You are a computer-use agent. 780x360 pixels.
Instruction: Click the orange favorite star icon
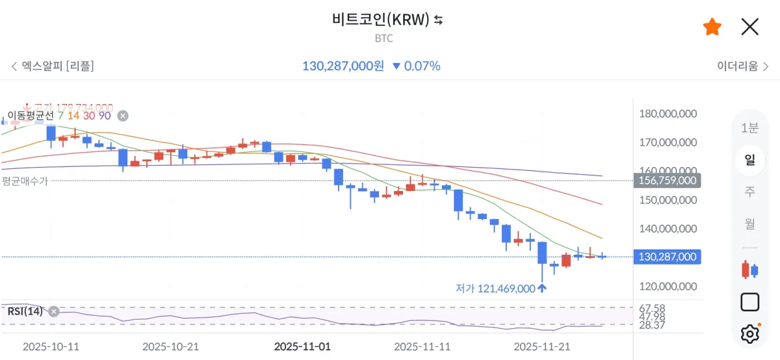pyautogui.click(x=712, y=27)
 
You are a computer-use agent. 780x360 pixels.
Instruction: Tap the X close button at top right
pyautogui.click(x=750, y=27)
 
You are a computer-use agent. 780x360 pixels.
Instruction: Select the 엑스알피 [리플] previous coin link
pyautogui.click(x=52, y=66)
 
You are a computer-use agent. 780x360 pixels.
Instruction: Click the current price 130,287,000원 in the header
pyautogui.click(x=343, y=66)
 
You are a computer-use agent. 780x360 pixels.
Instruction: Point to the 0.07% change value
pyautogui.click(x=422, y=66)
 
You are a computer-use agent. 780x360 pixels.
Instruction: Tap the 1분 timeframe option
pyautogui.click(x=749, y=128)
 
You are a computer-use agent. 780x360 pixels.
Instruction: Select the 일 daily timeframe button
pyautogui.click(x=749, y=159)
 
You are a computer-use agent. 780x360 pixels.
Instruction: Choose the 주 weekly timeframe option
pyautogui.click(x=749, y=191)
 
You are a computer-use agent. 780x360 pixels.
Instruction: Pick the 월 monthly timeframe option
pyautogui.click(x=749, y=224)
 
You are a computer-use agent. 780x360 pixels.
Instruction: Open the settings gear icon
pyautogui.click(x=749, y=334)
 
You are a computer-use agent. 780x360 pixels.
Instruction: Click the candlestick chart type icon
pyautogui.click(x=749, y=269)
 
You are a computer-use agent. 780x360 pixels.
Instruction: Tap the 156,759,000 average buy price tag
pyautogui.click(x=668, y=181)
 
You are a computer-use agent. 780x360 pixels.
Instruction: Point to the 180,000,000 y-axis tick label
pyautogui.click(x=668, y=114)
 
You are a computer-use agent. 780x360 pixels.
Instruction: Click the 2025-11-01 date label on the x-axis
pyautogui.click(x=302, y=347)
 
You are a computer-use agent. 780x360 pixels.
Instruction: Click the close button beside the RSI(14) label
pyautogui.click(x=54, y=311)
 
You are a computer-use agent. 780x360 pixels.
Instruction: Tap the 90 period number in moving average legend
pyautogui.click(x=105, y=116)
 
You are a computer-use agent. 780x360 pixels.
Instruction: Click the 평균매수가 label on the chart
pyautogui.click(x=25, y=181)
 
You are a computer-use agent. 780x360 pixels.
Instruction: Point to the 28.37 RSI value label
pyautogui.click(x=652, y=325)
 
